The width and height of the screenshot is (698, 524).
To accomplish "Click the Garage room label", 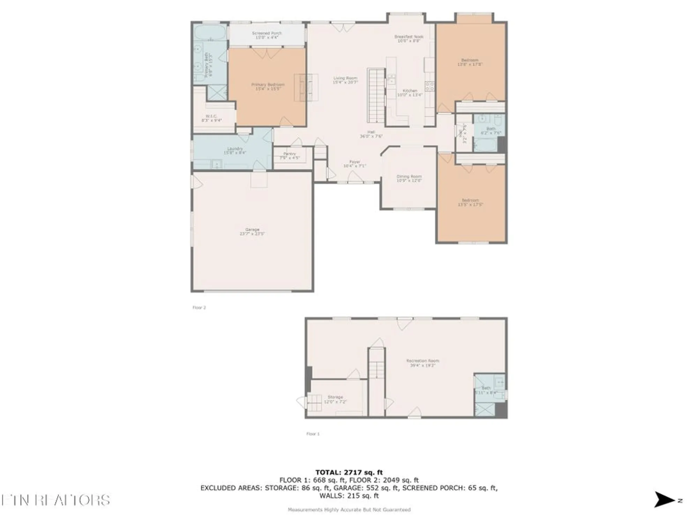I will point(252,232).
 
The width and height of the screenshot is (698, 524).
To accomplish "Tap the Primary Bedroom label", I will point(268,87).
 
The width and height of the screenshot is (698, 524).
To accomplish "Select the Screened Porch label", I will point(267,35).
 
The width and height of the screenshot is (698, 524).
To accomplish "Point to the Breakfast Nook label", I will point(409,38).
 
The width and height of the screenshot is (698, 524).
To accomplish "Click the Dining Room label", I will point(409,179).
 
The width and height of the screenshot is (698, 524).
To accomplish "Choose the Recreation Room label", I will point(423,363).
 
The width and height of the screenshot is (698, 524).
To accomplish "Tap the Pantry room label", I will point(289,155).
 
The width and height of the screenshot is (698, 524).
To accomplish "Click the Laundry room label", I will point(235,151).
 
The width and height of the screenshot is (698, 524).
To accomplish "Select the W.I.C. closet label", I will point(211,118).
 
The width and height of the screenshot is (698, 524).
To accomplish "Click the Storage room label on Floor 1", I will point(335,399).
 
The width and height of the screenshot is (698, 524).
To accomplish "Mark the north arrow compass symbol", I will point(664,500).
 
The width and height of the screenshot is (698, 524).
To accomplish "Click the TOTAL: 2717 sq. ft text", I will point(349,472).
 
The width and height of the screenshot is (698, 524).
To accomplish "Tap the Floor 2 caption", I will point(199,307).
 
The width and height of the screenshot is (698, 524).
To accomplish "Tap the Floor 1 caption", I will point(313,434).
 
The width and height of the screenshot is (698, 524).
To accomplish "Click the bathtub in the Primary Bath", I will point(210,32).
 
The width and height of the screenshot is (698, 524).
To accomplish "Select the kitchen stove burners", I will point(430,86).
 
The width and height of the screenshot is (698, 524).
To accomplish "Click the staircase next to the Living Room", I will point(376,95).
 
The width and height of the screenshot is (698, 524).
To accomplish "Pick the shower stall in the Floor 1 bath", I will point(485,409).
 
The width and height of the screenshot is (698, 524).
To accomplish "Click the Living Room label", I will point(345,80).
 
